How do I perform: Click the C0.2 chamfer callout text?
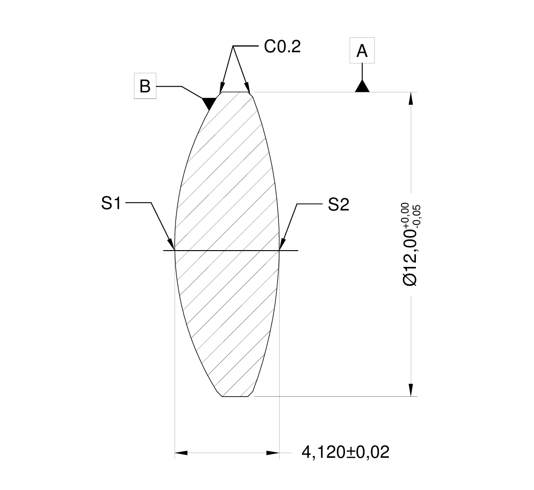pos(282,47)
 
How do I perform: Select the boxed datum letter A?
pos(362,51)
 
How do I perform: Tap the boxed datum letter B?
pos(145,86)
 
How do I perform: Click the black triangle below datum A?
pos(362,86)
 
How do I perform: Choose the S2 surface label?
pos(338,204)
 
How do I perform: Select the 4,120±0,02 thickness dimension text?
pos(345,452)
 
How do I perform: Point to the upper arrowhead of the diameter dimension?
pos(411,98)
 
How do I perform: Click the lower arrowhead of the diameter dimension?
pos(411,390)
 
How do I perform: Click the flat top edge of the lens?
pos(235,92)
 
